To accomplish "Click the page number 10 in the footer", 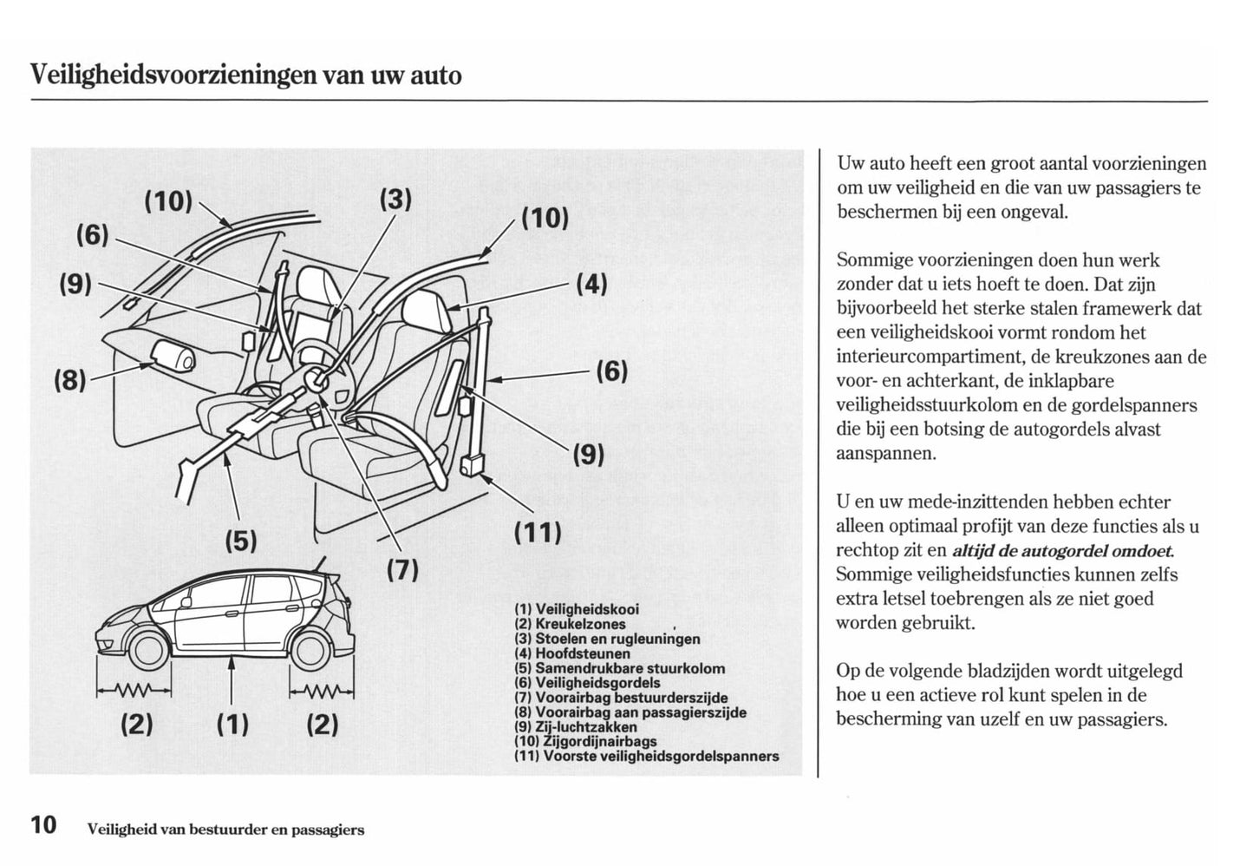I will coord(43,824).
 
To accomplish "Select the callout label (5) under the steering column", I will coord(241,541).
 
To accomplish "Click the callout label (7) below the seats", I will coord(402,570).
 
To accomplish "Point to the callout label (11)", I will coord(538,531).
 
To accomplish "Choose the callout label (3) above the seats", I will coord(395,200).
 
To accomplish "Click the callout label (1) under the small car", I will coord(232,723).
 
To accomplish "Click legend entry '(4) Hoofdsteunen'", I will coord(572,653).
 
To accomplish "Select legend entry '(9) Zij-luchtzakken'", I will coord(576,727).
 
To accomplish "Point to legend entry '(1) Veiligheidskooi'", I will coord(577,609).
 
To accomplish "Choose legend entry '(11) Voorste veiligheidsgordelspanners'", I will coord(646,756).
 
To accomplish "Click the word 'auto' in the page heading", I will coord(435,75).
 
